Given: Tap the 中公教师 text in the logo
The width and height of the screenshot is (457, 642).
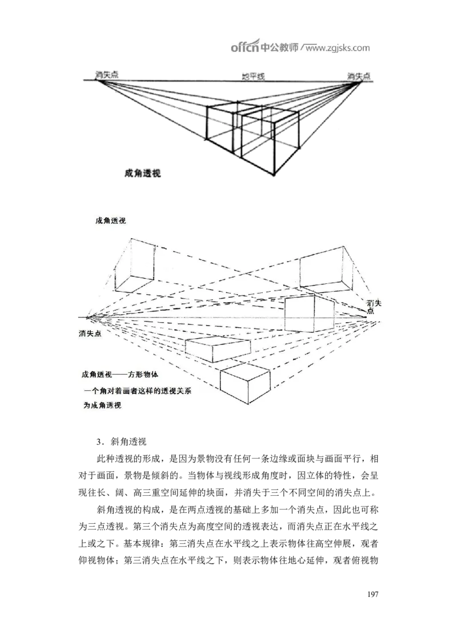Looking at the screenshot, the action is (x=279, y=47).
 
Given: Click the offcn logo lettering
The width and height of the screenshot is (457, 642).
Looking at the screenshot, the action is (x=244, y=47).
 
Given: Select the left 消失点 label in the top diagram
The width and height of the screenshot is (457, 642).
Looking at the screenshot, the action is (x=107, y=74).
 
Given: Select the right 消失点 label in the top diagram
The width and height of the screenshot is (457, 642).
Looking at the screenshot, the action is (x=359, y=75).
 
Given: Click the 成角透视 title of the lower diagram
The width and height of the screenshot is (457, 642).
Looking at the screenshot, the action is (x=111, y=220).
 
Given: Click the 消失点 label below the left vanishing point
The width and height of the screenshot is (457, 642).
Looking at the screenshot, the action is (x=90, y=334).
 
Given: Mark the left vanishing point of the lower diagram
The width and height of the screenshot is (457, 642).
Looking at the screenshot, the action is (x=87, y=317).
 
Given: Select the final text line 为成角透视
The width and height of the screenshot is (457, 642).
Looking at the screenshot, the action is (x=105, y=406).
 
